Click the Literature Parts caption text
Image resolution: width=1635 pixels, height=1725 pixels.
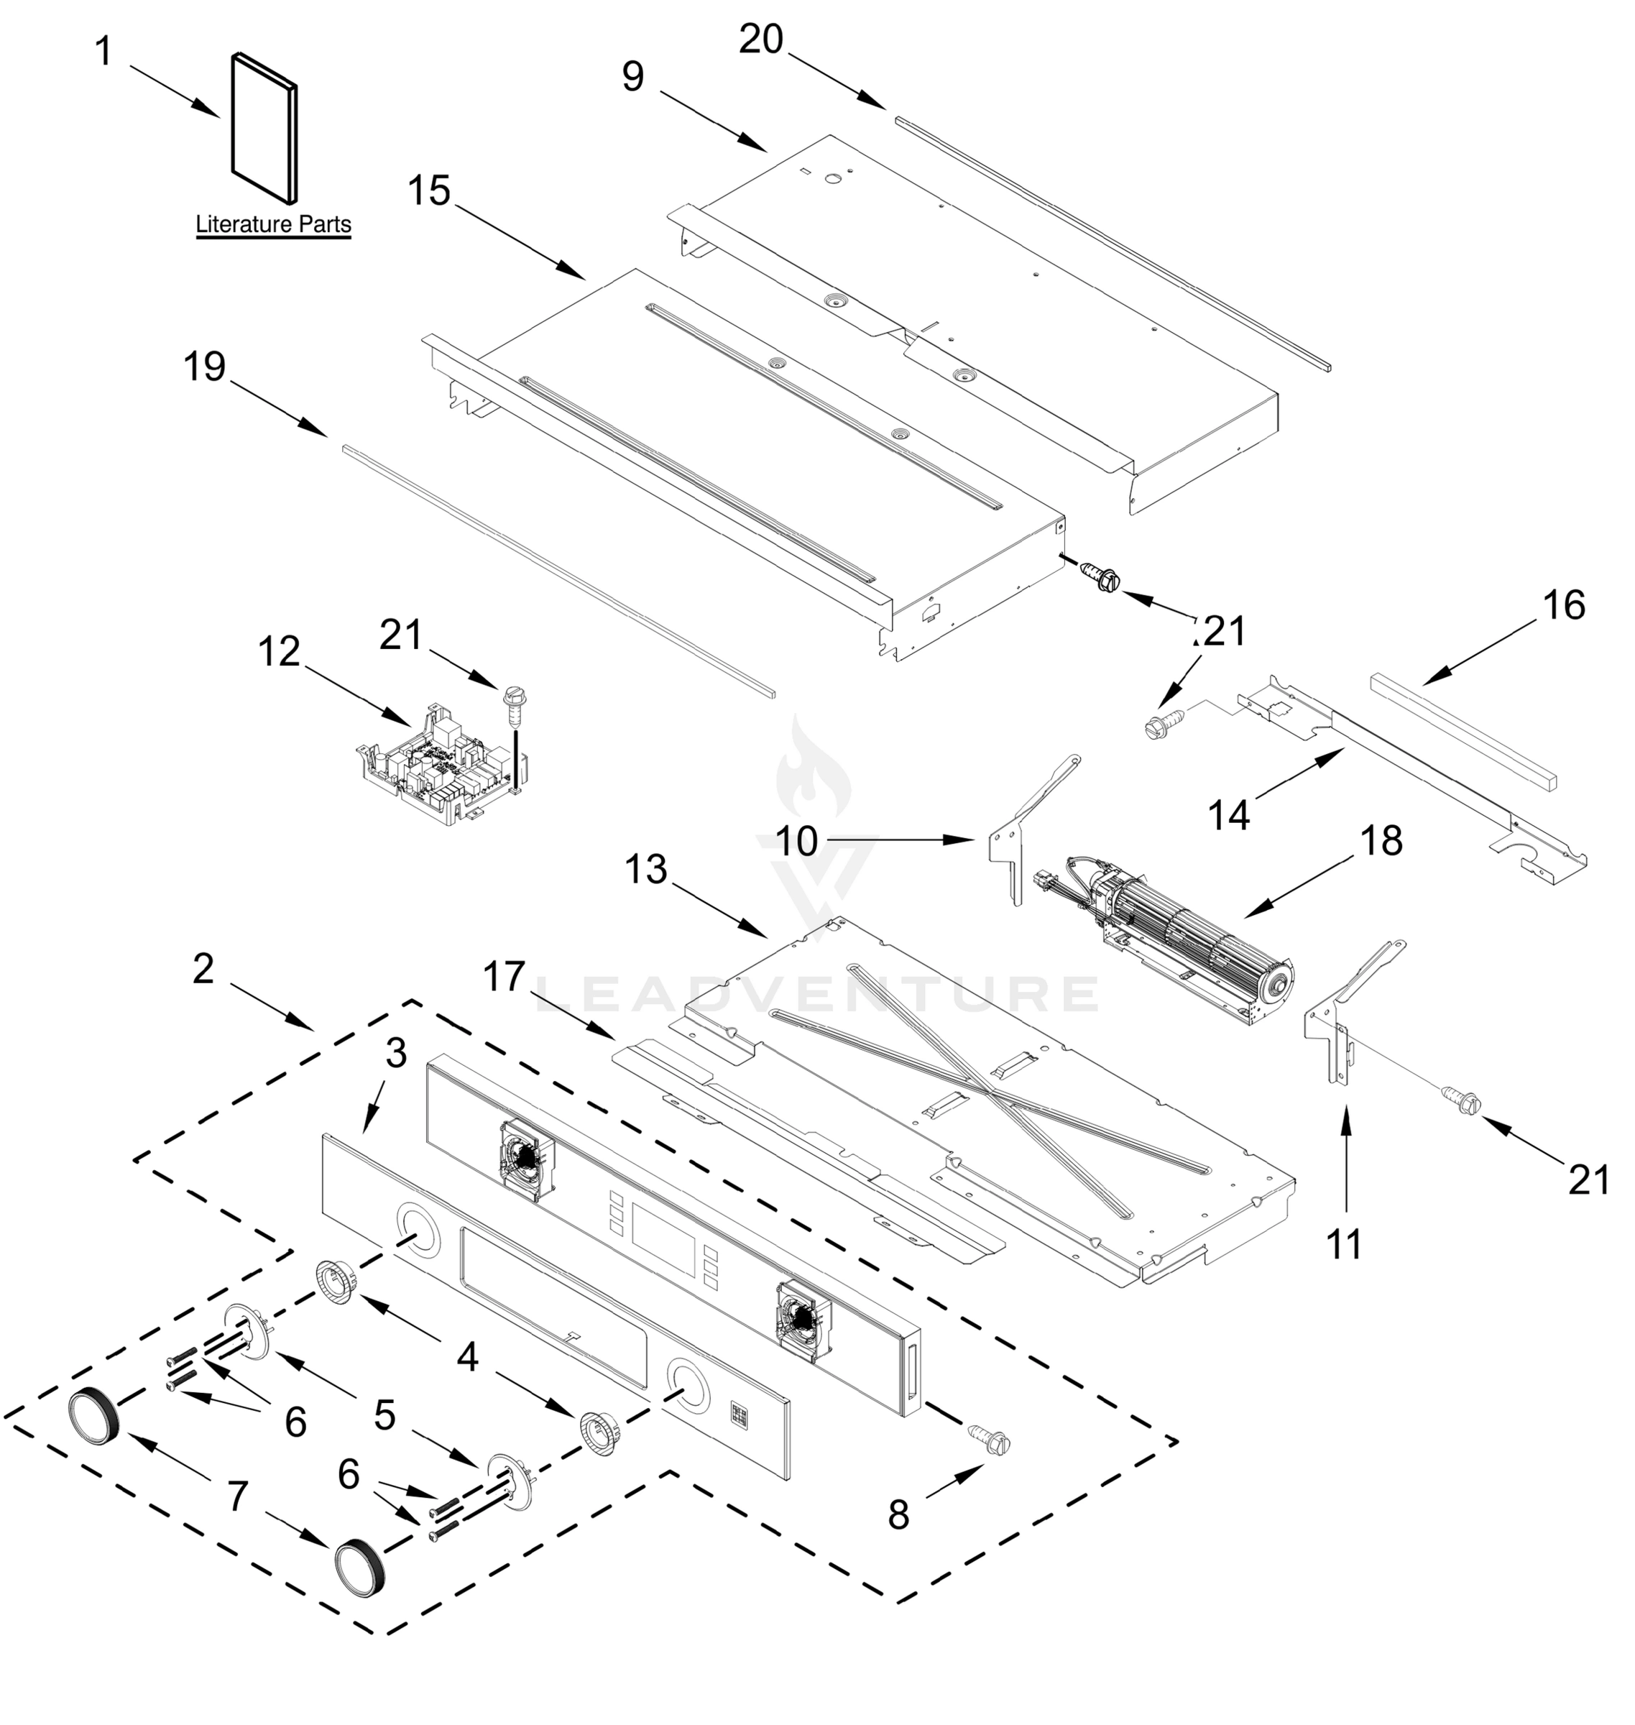coord(273,224)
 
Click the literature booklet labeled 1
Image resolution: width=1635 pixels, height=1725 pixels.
coord(264,126)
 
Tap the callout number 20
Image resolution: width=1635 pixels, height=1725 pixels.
coord(761,40)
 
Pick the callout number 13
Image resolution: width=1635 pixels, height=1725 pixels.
coord(646,870)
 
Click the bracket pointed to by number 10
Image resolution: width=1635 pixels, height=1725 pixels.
coord(1011,845)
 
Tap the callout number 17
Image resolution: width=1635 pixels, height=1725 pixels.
coord(505,977)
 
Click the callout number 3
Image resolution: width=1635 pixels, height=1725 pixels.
coord(396,1054)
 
